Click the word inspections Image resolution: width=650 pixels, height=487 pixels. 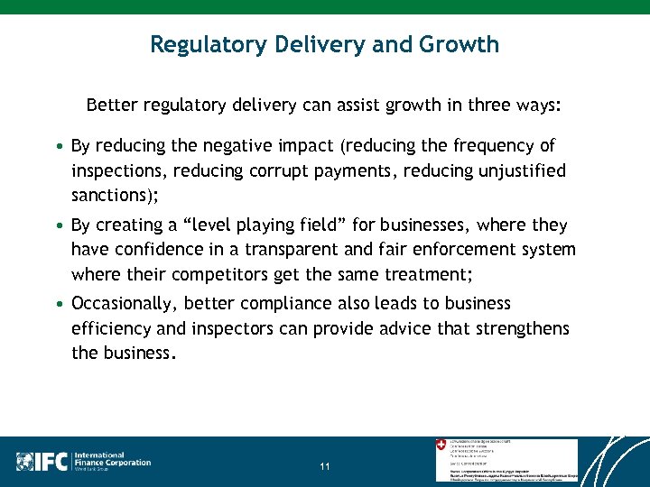coord(120,171)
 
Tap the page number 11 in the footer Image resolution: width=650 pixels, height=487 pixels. coord(325,466)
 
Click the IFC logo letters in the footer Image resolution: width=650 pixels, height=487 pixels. coord(53,462)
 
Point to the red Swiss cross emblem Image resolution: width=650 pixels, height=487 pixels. coord(441,445)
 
